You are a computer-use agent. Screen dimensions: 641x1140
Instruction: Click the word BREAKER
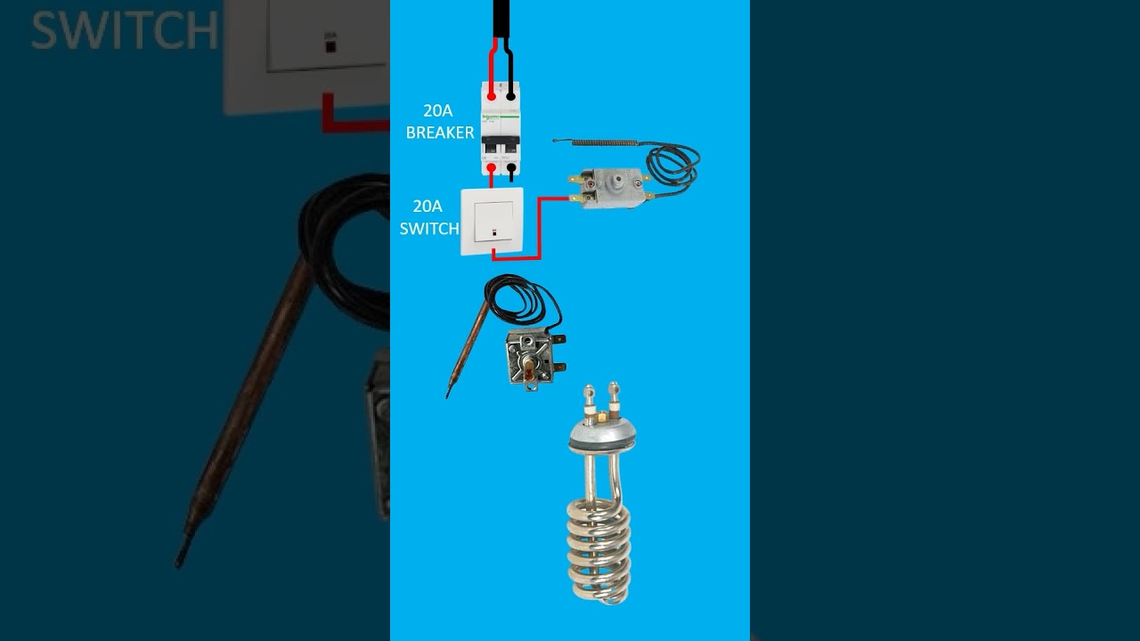click(x=440, y=133)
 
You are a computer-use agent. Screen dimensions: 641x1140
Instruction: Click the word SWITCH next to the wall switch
click(x=429, y=229)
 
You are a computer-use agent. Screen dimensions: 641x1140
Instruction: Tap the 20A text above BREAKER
click(x=438, y=111)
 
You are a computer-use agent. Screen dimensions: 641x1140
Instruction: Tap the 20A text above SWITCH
click(x=430, y=207)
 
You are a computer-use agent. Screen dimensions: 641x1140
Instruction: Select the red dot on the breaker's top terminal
click(x=491, y=94)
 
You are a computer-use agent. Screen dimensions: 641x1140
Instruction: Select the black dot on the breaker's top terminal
click(x=511, y=94)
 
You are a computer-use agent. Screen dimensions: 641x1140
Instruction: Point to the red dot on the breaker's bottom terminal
click(x=491, y=166)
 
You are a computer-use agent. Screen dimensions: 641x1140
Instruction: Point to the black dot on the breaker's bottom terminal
click(x=511, y=166)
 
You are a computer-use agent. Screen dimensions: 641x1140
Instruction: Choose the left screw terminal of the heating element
click(x=590, y=396)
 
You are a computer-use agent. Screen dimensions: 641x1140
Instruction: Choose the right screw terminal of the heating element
click(x=613, y=394)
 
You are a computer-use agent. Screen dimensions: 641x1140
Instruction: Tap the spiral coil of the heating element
click(x=599, y=548)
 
